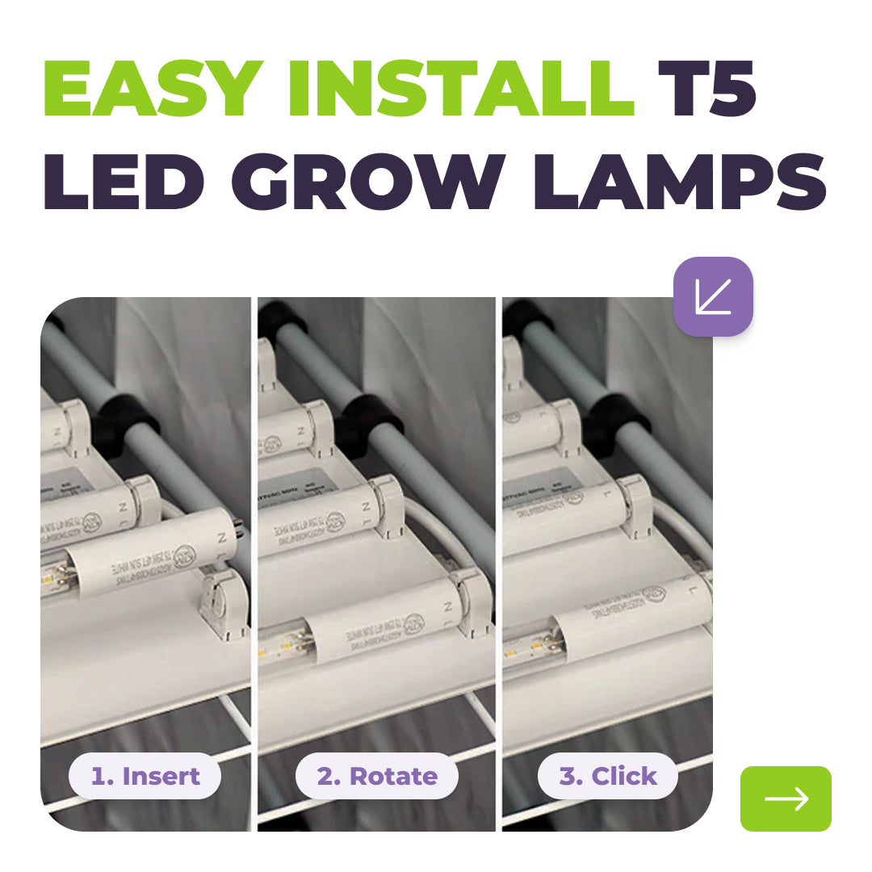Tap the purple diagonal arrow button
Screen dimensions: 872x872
pos(713,296)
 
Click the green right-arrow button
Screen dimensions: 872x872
pos(786,799)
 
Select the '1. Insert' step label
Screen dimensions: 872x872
pos(145,776)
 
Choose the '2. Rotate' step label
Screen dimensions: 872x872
pos(376,776)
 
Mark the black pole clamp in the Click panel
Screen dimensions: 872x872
pos(618,421)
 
